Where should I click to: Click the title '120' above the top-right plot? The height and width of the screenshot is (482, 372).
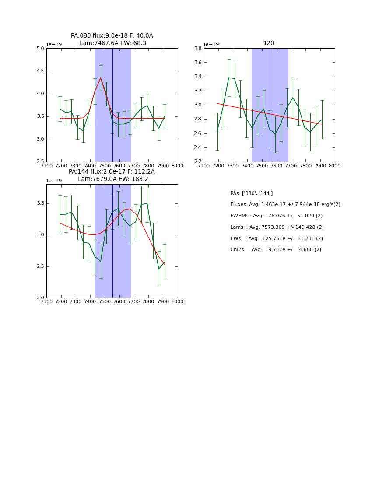(269, 43)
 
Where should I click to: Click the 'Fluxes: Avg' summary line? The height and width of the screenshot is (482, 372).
(285, 205)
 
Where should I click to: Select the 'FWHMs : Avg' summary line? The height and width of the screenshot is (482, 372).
(277, 216)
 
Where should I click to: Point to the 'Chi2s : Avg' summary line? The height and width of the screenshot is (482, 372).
(276, 250)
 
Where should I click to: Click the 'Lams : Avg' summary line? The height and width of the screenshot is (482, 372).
(277, 227)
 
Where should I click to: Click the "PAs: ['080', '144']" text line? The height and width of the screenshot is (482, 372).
(252, 193)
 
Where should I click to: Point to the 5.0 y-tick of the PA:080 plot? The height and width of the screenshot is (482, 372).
(40, 49)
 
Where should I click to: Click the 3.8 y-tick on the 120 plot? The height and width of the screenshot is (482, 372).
(198, 49)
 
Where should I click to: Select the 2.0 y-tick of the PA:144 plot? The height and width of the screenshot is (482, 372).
(40, 298)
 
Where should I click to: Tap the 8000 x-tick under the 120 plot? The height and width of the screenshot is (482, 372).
(335, 166)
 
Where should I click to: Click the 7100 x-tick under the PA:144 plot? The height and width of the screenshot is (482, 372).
(46, 301)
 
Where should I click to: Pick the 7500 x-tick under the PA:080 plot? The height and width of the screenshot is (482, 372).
(105, 166)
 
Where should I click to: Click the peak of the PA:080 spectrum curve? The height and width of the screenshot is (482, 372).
(101, 78)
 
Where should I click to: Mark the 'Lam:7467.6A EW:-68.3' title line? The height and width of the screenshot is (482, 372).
(112, 43)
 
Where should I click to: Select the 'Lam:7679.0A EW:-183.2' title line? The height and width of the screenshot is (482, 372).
(112, 179)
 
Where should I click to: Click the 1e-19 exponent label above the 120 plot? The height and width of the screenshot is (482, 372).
(211, 44)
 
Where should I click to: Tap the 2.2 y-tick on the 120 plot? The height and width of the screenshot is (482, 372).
(198, 162)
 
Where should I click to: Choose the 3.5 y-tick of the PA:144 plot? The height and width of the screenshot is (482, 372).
(40, 203)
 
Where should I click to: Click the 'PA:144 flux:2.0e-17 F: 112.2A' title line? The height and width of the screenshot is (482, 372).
(112, 172)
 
